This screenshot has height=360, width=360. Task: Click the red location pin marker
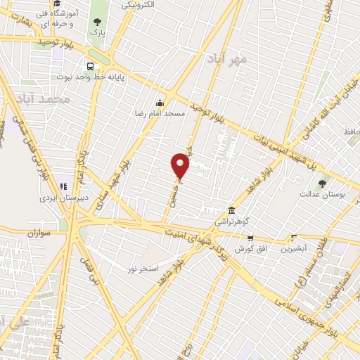[181, 165]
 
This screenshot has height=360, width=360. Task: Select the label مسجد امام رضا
[160, 112]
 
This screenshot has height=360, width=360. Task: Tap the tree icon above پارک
[97, 22]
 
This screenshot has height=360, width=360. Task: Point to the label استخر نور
[143, 269]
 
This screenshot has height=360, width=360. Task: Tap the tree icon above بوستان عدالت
[323, 184]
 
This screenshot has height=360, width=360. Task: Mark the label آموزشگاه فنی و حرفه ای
[57, 18]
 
